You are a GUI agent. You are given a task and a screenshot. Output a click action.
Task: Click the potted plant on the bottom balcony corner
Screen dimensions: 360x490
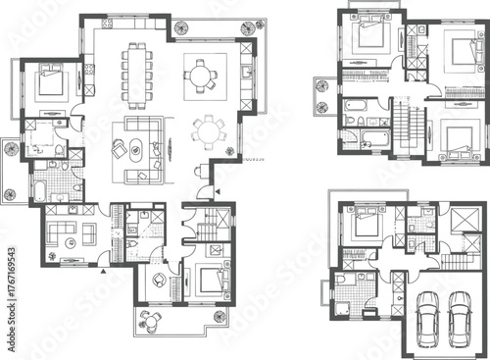point(220,316)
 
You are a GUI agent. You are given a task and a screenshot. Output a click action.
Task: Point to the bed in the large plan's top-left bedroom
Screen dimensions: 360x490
point(51,82)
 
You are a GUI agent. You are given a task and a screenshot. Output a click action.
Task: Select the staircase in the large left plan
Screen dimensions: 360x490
point(210,231)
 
